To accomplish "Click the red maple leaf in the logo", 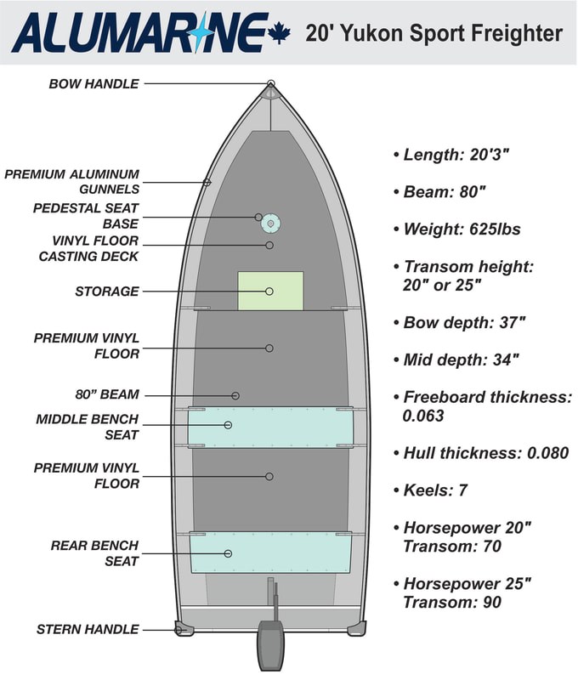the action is (279, 34).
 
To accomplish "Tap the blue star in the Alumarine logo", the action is (198, 32).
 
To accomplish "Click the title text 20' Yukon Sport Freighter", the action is (433, 34).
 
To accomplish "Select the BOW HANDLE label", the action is (93, 83).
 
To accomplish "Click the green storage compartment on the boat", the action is (270, 291).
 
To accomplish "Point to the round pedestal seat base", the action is (270, 224).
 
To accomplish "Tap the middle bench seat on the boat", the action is (270, 428).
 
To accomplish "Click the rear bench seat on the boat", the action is (270, 552).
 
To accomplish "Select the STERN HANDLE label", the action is (88, 629).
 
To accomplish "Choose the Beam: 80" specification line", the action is (439, 192).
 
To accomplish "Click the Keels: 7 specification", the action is (431, 490).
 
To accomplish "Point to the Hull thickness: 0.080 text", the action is (481, 453).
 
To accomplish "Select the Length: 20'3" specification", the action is (451, 155).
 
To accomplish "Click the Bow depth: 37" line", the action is (460, 323).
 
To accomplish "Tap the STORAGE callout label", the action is (107, 292).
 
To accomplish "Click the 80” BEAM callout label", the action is (107, 394).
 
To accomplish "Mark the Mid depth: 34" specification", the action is (456, 360).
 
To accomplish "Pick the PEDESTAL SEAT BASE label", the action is (86, 216).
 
